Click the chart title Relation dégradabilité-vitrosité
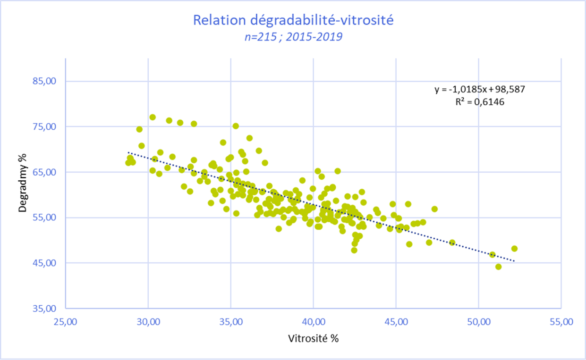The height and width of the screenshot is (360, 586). click(x=293, y=20)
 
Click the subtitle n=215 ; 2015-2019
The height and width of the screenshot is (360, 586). click(x=293, y=37)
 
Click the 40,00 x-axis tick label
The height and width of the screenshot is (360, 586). click(x=314, y=322)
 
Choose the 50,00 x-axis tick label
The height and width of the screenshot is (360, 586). click(x=478, y=322)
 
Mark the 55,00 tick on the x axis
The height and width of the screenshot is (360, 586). click(x=561, y=322)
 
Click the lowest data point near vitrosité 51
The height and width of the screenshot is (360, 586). click(x=498, y=267)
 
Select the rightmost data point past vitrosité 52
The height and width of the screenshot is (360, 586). click(x=514, y=249)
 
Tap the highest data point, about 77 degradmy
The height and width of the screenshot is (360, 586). click(x=153, y=117)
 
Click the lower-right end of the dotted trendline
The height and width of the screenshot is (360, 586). click(x=514, y=261)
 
